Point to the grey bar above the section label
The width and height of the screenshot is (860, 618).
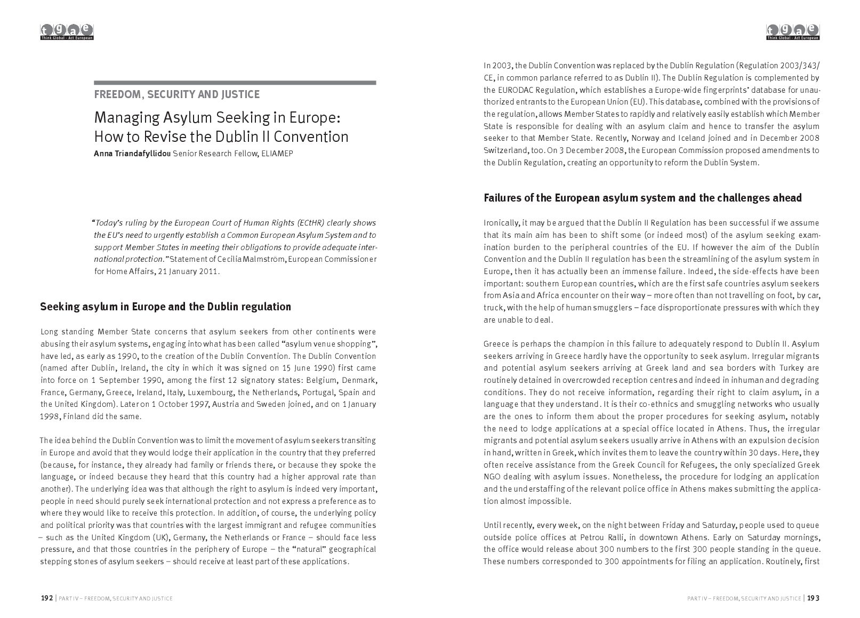(235, 83)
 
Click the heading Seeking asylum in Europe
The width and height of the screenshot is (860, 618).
(166, 307)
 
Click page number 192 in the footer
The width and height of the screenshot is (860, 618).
(47, 598)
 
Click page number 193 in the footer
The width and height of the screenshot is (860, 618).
(813, 598)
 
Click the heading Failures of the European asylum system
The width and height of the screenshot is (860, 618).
(642, 198)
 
